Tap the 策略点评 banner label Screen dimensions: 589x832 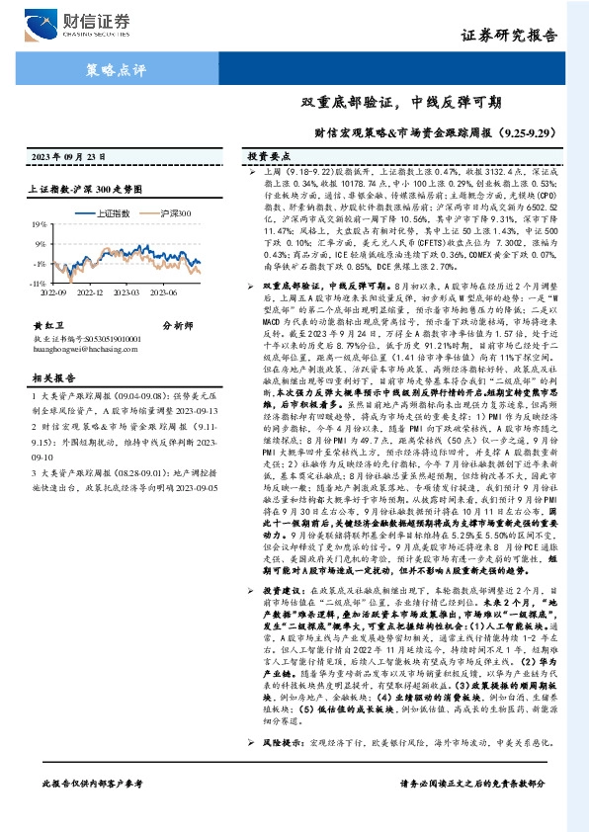pos(109,69)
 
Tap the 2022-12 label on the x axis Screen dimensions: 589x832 pos(89,291)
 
